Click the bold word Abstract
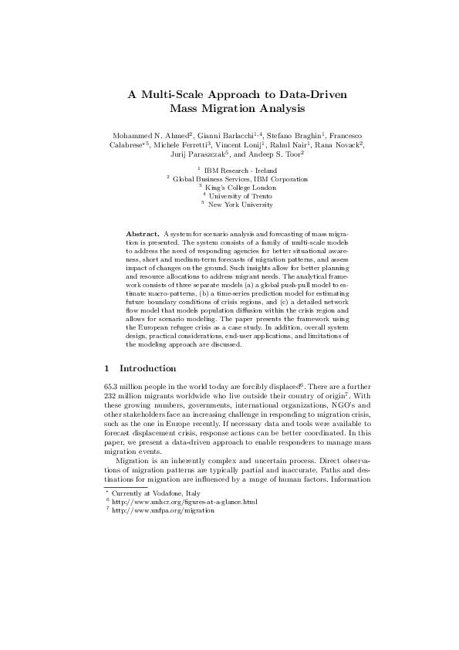pos(141,232)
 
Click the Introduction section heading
pos(153,368)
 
